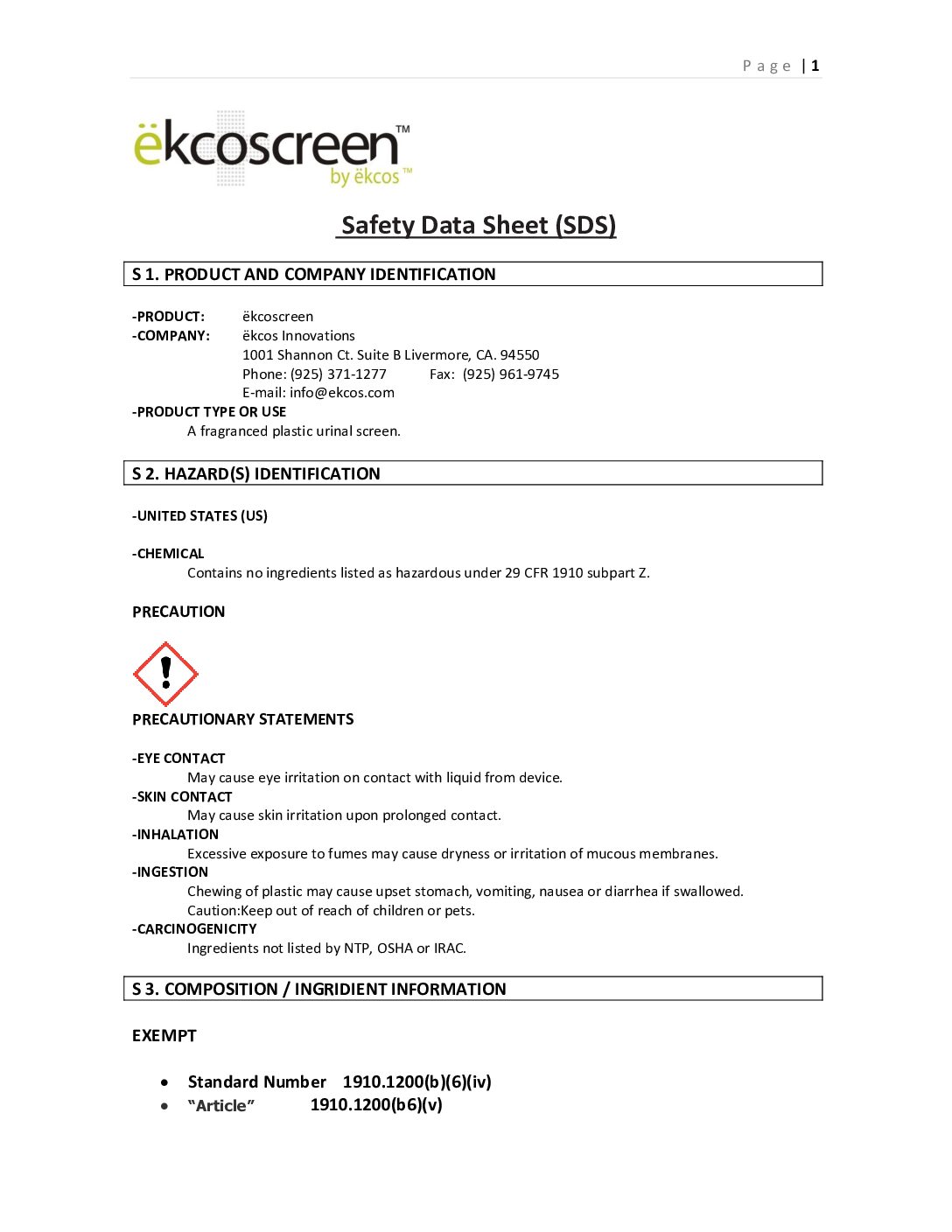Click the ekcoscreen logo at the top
pyautogui.click(x=271, y=150)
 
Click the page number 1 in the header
pyautogui.click(x=815, y=66)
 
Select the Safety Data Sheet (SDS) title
pyautogui.click(x=478, y=225)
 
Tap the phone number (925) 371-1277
pyautogui.click(x=339, y=374)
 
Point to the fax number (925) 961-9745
pyautogui.click(x=511, y=374)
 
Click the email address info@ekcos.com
pyautogui.click(x=342, y=393)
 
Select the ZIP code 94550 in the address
pyautogui.click(x=520, y=354)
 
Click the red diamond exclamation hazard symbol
pyautogui.click(x=165, y=674)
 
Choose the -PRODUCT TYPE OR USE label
pyautogui.click(x=209, y=412)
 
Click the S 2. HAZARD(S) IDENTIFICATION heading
pyautogui.click(x=256, y=473)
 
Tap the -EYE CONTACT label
pyautogui.click(x=178, y=759)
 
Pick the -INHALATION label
pyautogui.click(x=175, y=835)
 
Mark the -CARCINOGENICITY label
pyautogui.click(x=194, y=929)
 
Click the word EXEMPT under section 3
pyautogui.click(x=164, y=1036)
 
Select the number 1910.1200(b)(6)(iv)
pyautogui.click(x=417, y=1082)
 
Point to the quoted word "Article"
pyautogui.click(x=221, y=1105)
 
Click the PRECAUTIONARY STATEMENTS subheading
pyautogui.click(x=243, y=719)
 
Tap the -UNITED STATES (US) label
pyautogui.click(x=199, y=516)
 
